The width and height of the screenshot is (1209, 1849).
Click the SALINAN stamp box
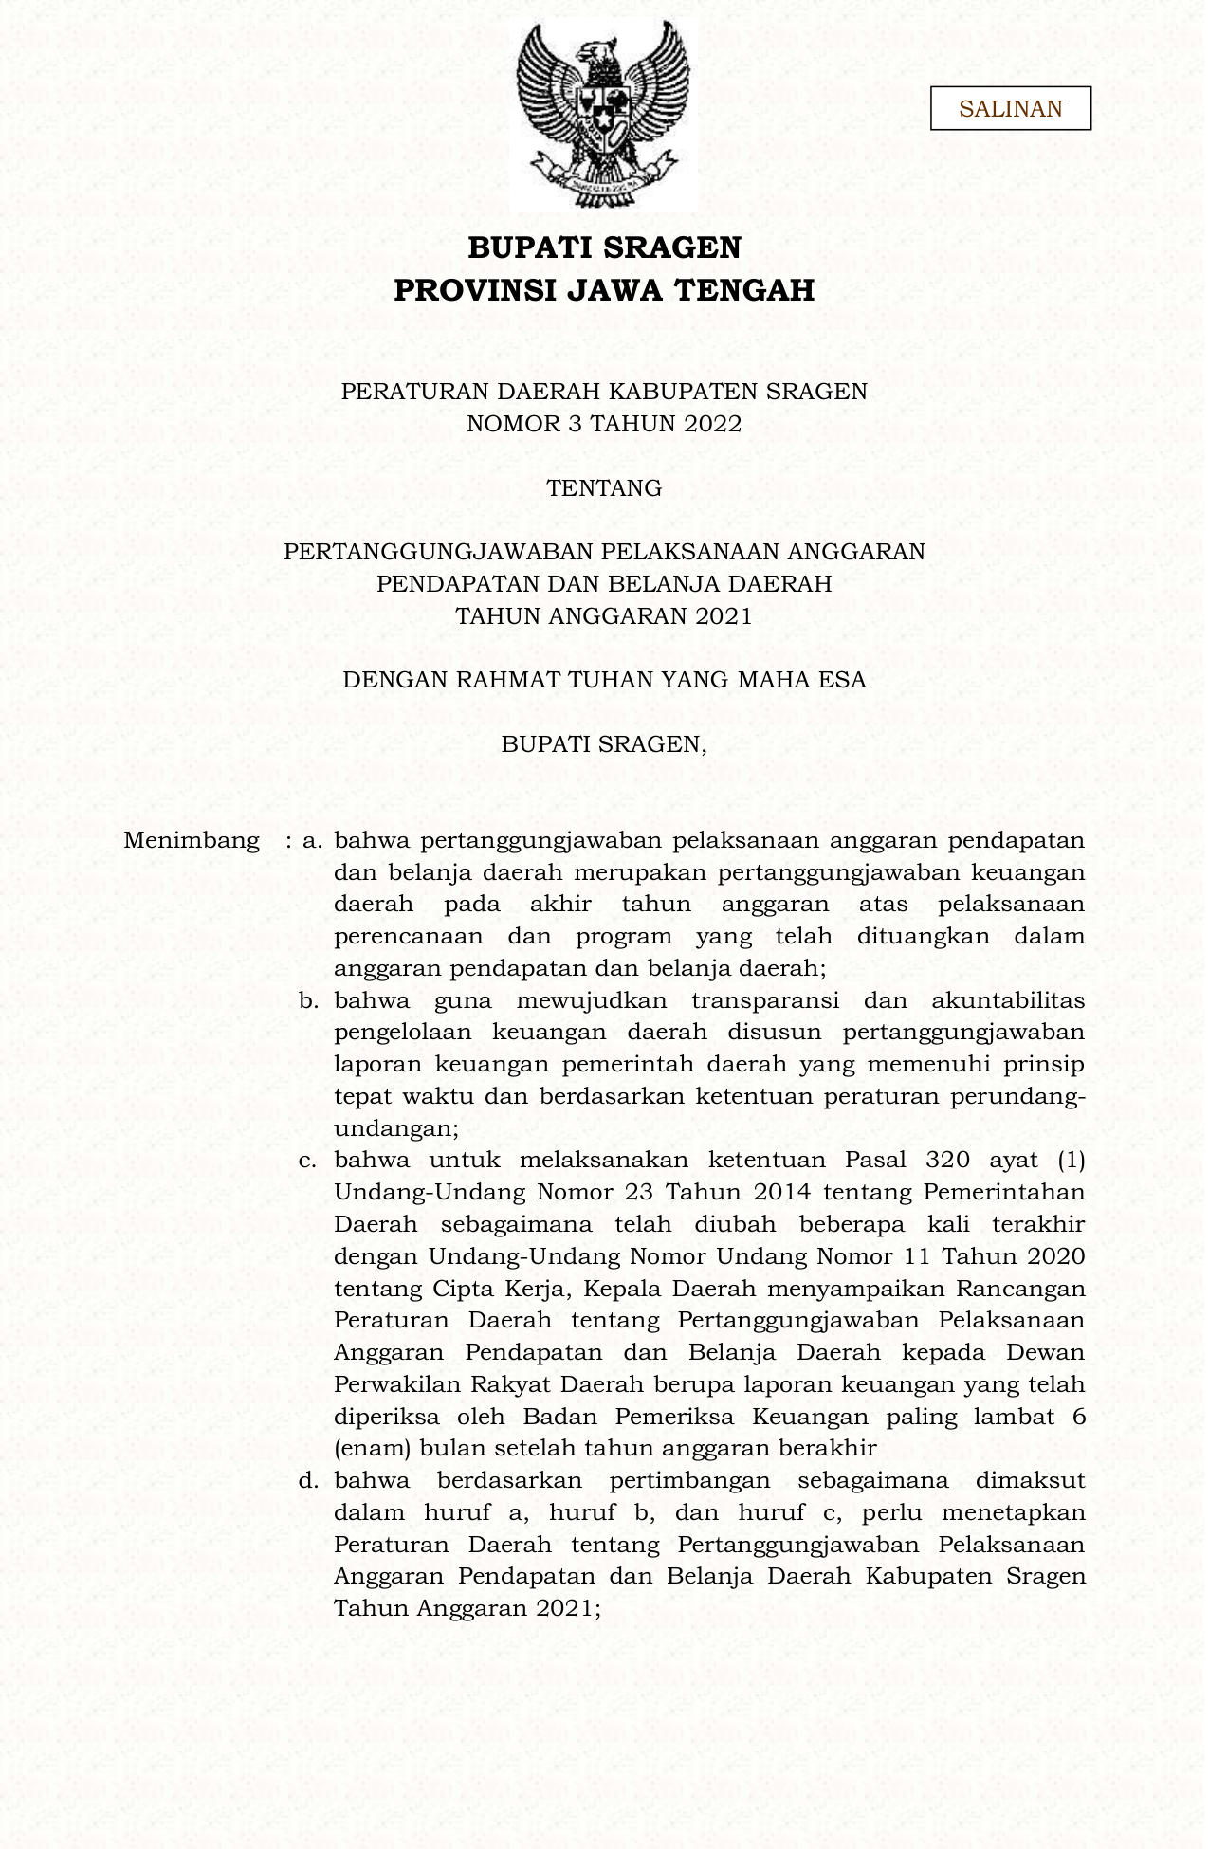(1010, 108)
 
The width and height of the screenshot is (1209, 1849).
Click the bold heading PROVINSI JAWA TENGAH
(604, 290)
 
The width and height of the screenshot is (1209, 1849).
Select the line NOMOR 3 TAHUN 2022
(604, 424)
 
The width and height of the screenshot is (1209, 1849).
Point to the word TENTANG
(604, 488)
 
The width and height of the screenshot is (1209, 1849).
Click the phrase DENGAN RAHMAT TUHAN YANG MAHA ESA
(604, 680)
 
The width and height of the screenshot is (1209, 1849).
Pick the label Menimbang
(192, 840)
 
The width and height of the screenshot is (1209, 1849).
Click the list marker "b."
(308, 1000)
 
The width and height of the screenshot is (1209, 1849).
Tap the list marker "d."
(308, 1480)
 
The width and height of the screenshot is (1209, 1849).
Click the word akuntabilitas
(1008, 1000)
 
